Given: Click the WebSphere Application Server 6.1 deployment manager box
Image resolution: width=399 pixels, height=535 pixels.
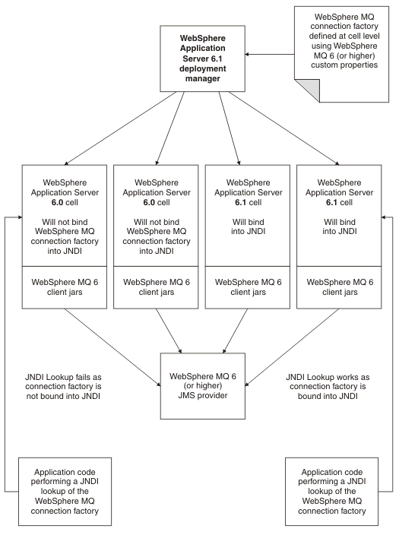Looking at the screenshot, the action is tap(202, 59).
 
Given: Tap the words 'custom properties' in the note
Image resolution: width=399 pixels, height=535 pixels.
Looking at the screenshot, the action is tap(344, 65).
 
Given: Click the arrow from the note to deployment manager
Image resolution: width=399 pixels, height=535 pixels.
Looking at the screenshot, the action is tap(270, 54).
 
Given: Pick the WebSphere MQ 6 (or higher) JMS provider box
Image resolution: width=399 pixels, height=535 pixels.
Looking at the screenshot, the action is tap(203, 386).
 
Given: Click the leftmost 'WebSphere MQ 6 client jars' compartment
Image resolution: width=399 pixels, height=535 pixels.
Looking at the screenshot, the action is tap(65, 287).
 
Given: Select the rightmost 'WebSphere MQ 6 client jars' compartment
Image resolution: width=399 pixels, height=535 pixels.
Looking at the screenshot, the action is tap(339, 287).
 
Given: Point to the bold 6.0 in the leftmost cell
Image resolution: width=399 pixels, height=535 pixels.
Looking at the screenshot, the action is tap(57, 202).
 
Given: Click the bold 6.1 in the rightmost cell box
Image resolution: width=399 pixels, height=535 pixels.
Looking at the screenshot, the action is tap(332, 202).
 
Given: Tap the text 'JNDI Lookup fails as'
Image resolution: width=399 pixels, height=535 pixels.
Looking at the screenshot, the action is tap(63, 377).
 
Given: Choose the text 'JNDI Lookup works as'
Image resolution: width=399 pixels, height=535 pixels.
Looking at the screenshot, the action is tap(328, 377).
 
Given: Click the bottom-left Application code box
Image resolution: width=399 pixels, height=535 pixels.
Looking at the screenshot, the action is tap(65, 492).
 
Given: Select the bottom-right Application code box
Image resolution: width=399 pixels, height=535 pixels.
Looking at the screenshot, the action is tap(332, 492).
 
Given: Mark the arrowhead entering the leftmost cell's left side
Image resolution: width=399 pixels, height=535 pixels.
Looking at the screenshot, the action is tap(20, 217).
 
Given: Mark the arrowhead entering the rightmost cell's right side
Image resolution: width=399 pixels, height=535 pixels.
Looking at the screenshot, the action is tap(384, 217).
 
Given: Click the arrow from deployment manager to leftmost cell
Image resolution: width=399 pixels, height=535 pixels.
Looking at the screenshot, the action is tap(120, 128).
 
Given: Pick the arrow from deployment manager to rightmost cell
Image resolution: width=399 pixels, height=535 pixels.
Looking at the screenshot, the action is tap(284, 128).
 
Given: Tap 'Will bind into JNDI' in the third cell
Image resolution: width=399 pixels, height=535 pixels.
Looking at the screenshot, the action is tap(248, 226).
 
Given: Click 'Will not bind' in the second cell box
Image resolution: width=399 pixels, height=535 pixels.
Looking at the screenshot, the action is tap(157, 222).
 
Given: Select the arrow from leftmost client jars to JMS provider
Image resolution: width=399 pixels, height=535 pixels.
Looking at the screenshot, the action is tap(112, 348).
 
